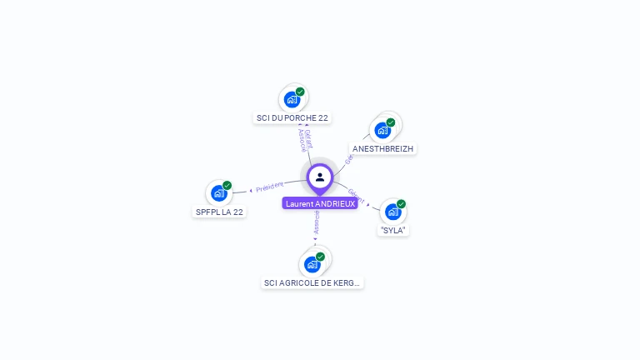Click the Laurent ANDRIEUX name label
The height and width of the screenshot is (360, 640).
(320, 203)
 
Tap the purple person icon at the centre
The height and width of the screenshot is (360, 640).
(320, 177)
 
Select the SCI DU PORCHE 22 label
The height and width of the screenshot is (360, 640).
(292, 118)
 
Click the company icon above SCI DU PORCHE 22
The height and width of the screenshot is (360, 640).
(292, 100)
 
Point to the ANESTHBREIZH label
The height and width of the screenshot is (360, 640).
(382, 148)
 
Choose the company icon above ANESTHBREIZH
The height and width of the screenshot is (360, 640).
(382, 130)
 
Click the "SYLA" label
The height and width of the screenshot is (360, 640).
(393, 230)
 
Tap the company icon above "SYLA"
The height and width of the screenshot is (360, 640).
(392, 212)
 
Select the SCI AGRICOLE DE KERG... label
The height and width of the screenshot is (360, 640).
(312, 282)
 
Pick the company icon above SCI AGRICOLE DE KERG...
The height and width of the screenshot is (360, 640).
(312, 265)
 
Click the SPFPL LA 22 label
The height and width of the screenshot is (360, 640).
(219, 212)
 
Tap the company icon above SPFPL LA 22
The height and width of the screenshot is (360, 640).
(218, 193)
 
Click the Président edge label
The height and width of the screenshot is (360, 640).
(270, 187)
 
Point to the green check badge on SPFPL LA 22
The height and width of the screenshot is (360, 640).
(227, 186)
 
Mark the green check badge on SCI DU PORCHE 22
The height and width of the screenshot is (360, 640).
(300, 92)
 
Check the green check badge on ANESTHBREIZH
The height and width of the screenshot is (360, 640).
(390, 122)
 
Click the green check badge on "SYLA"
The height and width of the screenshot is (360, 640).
(401, 204)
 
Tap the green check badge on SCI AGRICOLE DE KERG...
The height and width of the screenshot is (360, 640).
(320, 257)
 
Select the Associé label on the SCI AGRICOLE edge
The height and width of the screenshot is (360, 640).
(317, 222)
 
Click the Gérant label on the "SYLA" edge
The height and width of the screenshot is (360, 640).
(355, 196)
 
